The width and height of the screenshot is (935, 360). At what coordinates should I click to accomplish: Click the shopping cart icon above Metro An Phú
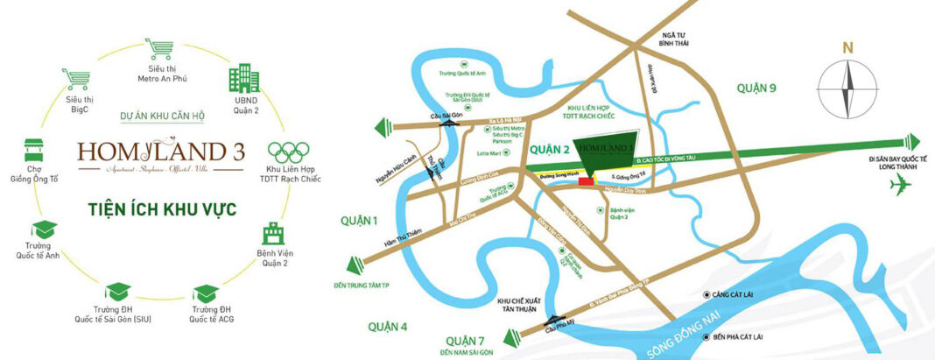pyautogui.click(x=158, y=49)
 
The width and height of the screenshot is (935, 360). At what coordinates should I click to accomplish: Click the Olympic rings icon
pyautogui.click(x=287, y=151)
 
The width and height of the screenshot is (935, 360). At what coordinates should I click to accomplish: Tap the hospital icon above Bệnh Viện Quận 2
pyautogui.click(x=273, y=234)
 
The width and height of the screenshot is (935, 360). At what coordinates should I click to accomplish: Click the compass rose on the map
pyautogui.click(x=847, y=91)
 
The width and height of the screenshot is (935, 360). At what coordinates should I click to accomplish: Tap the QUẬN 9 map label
pyautogui.click(x=758, y=88)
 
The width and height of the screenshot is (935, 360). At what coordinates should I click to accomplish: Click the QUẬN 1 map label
pyautogui.click(x=360, y=220)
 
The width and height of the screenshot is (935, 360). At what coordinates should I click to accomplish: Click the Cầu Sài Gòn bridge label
pyautogui.click(x=449, y=115)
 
